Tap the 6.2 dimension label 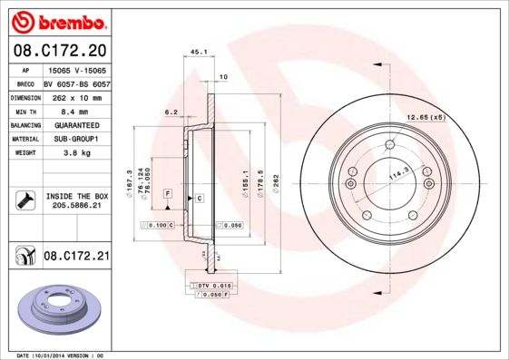[171, 112]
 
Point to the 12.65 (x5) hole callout [426, 117]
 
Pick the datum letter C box [199, 197]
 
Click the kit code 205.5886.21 [75, 206]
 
